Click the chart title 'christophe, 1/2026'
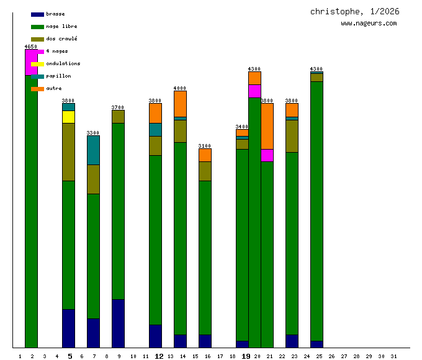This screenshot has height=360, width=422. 354,12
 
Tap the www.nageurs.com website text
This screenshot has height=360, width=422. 369,24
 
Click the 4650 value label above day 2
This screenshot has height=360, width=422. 31,47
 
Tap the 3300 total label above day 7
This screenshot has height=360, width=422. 93,133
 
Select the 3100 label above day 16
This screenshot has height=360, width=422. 205,146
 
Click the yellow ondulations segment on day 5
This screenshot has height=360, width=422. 68,117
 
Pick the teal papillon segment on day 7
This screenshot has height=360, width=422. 93,150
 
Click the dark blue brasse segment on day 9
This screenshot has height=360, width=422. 118,323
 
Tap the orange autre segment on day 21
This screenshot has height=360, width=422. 267,126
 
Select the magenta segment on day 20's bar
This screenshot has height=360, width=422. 254,91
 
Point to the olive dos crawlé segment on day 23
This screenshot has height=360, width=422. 292,136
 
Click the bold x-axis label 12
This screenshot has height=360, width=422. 159,356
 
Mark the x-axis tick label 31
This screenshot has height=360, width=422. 393,356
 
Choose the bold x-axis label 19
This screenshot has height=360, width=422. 246,356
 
